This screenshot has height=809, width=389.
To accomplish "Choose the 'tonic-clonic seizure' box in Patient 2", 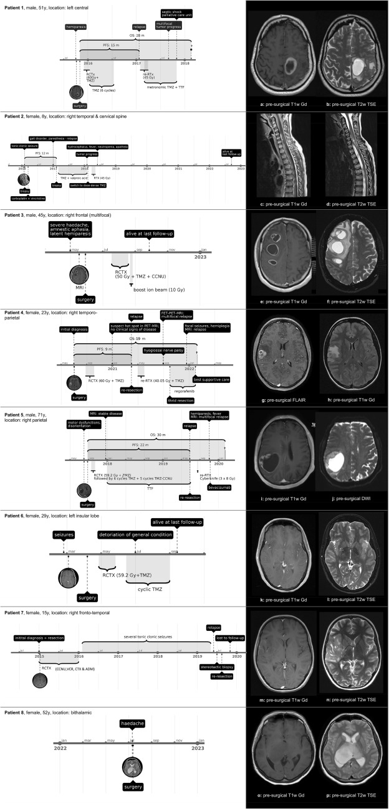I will click(24, 145).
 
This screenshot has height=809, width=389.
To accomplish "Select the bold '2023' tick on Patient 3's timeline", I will click(201, 256).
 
